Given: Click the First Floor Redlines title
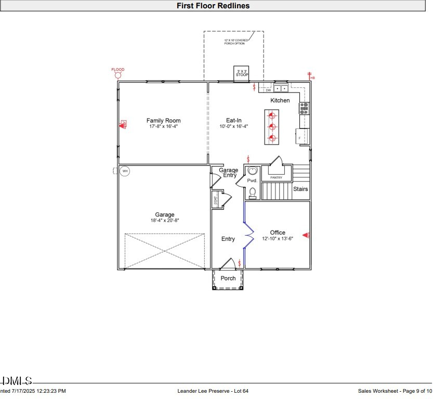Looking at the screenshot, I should [x=213, y=6].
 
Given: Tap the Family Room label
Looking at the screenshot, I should [x=163, y=121].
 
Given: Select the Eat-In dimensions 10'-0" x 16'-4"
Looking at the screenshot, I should [x=233, y=126].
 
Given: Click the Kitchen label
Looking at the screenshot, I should [x=280, y=100].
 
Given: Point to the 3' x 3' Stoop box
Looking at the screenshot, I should [x=242, y=73].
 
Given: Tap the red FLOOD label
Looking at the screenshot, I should [x=118, y=69].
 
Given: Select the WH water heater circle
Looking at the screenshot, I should [x=125, y=171].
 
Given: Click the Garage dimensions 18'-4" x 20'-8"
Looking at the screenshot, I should [x=165, y=221].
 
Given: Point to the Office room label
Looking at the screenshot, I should [x=278, y=233].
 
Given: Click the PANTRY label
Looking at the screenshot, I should [x=276, y=178].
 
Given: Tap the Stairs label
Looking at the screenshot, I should [x=300, y=189].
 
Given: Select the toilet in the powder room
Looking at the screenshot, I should [x=253, y=192].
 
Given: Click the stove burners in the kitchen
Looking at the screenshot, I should [x=304, y=108].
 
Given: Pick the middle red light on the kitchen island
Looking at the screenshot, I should [x=272, y=126].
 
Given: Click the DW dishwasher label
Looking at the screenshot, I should [x=268, y=90].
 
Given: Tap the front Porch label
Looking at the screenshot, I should [x=228, y=278].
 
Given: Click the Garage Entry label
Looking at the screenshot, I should [x=228, y=173].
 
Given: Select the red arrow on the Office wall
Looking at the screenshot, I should [x=306, y=236].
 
